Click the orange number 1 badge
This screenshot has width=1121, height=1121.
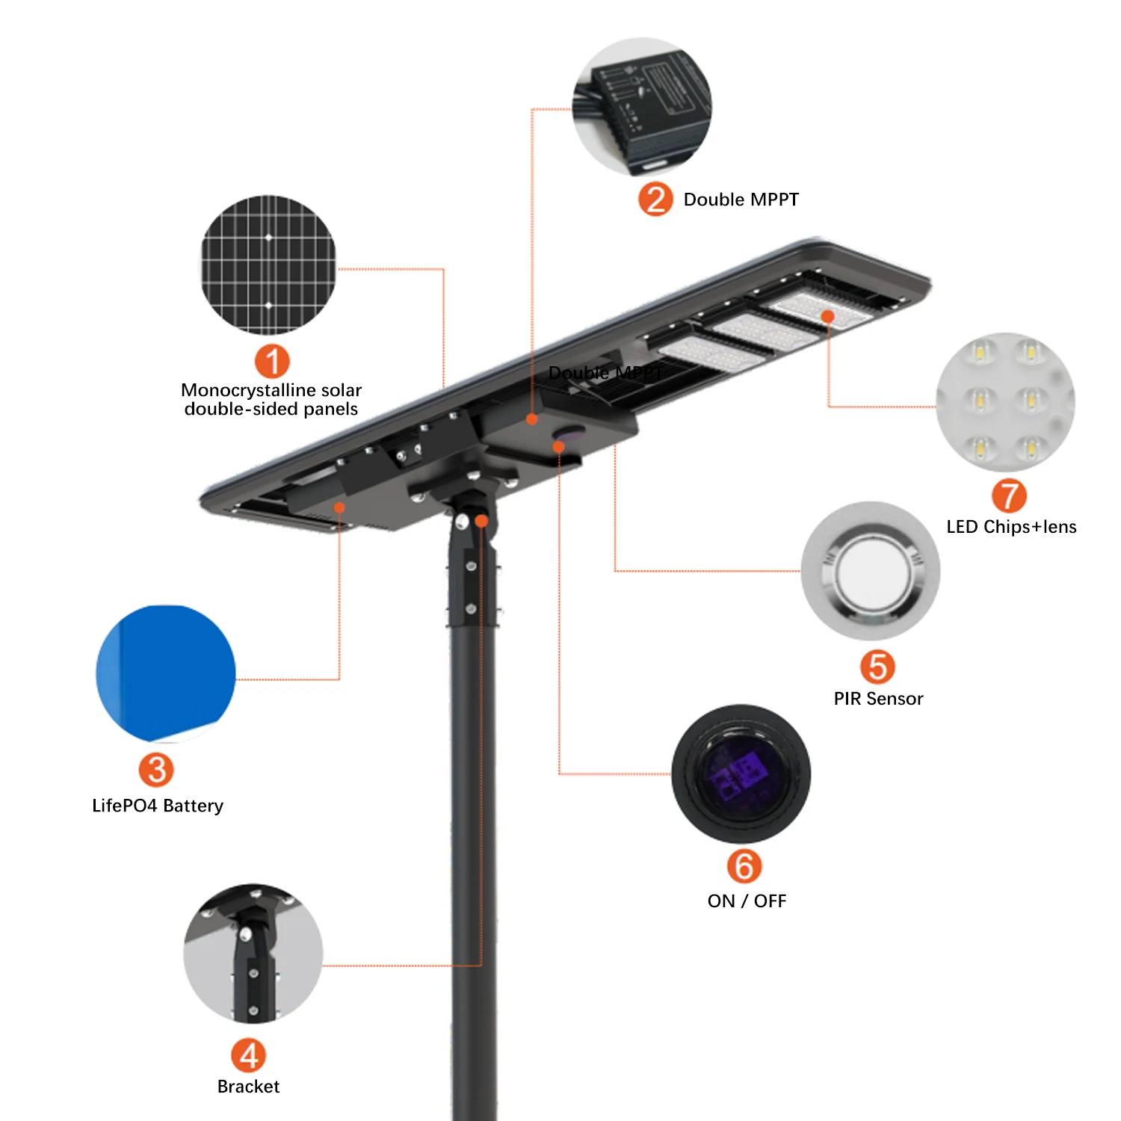coord(272,362)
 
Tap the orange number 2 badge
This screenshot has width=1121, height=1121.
coord(655,200)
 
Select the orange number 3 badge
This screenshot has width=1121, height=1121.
coord(156,770)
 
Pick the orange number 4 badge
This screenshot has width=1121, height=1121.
coord(248,1055)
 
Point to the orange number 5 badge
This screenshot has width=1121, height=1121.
coord(877,667)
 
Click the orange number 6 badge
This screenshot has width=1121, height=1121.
coord(744,866)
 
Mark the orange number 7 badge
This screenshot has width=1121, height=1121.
coord(1009,495)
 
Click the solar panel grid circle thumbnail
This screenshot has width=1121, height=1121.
coord(268,265)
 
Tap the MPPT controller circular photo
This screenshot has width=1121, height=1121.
coord(642,107)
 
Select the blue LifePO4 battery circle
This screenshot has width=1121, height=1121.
coord(166,673)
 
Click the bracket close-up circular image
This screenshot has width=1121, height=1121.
coord(253,954)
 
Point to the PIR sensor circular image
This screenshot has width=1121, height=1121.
coord(871,571)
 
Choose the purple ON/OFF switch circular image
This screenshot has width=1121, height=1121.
coord(741,774)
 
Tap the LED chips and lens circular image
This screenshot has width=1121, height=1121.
coord(1005,402)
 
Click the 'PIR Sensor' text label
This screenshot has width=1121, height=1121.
coord(878,699)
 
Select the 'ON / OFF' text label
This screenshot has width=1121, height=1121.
coord(747,901)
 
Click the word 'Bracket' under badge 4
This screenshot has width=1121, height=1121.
coord(248,1087)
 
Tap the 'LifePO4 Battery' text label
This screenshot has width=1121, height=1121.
coord(158,806)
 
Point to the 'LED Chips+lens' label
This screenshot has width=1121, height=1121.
coord(1011,527)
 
